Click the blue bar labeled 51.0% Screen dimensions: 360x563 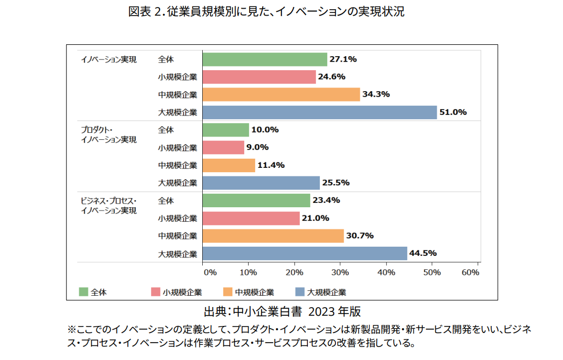(x=319, y=112)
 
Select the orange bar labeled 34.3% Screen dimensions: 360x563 (x=281, y=94)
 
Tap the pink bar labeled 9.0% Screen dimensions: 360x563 (x=223, y=147)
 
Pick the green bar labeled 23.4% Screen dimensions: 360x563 (x=256, y=201)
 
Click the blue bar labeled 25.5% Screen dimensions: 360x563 (x=261, y=183)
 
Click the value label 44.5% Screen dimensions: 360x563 (x=424, y=253)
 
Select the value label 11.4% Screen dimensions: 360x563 (x=271, y=165)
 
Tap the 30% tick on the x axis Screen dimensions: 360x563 (x=340, y=273)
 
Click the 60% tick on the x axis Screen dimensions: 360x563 (x=471, y=273)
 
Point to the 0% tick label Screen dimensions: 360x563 (x=210, y=273)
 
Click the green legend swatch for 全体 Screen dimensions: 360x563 (x=83, y=292)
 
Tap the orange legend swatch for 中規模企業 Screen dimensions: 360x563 (x=227, y=292)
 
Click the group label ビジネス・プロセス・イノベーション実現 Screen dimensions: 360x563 (x=108, y=206)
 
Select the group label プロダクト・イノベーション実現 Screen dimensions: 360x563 (x=108, y=134)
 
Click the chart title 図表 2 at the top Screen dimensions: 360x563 (x=266, y=12)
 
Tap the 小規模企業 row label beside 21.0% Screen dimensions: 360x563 (x=177, y=219)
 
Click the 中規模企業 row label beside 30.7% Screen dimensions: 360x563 (x=177, y=236)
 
